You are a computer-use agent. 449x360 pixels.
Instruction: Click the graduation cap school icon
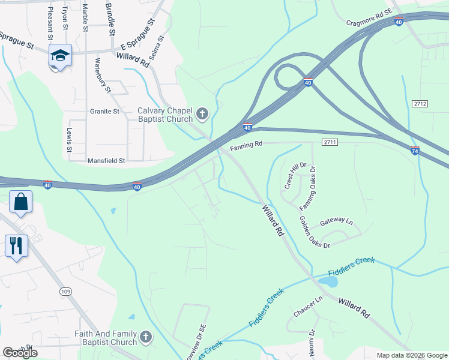click(60, 56)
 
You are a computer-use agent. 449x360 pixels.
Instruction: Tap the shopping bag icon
click(20, 202)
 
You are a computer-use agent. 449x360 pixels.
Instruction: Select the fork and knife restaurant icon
click(16, 245)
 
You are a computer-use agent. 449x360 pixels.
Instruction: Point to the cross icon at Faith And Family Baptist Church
click(145, 338)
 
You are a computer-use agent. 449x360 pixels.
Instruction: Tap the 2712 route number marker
click(420, 104)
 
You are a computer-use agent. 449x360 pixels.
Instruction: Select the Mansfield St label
click(106, 161)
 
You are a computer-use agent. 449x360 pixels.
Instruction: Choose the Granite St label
click(105, 112)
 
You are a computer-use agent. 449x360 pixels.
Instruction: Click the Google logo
click(20, 353)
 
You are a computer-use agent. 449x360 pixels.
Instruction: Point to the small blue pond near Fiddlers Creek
click(327, 280)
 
